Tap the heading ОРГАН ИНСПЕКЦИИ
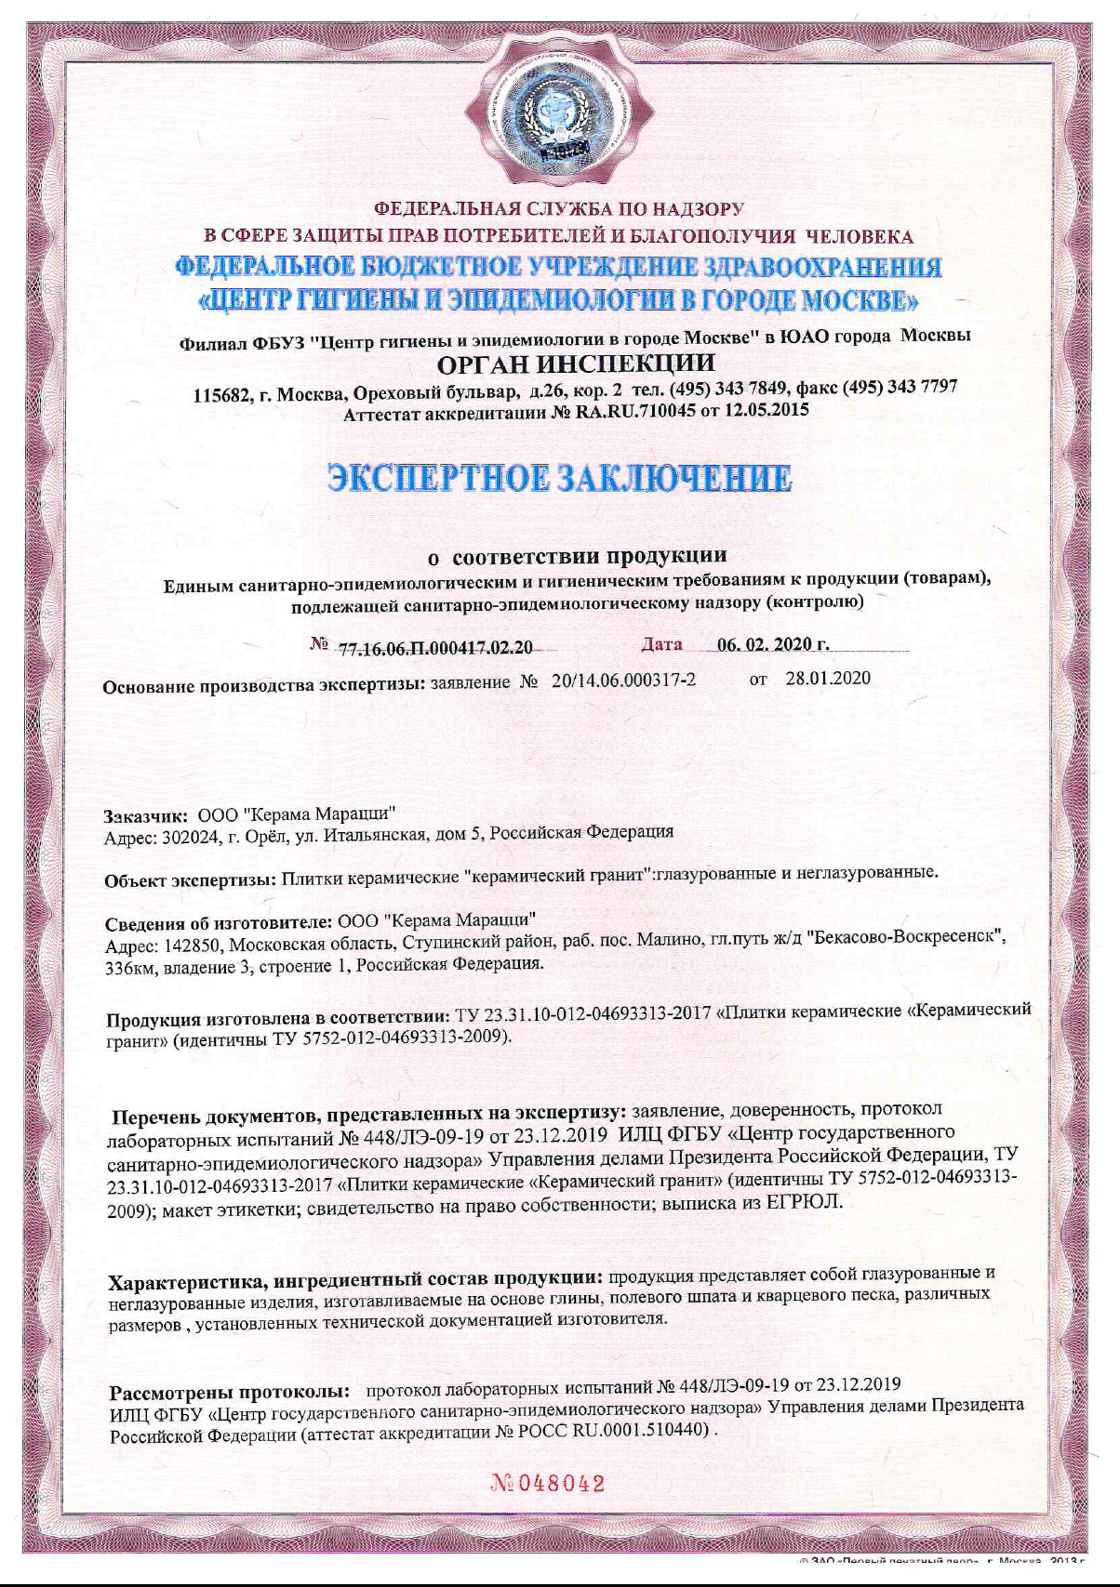click(576, 364)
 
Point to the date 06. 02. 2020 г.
click(772, 644)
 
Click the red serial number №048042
click(548, 1484)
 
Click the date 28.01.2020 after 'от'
click(828, 678)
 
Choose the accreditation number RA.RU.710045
click(635, 412)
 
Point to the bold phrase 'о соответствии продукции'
click(577, 556)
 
